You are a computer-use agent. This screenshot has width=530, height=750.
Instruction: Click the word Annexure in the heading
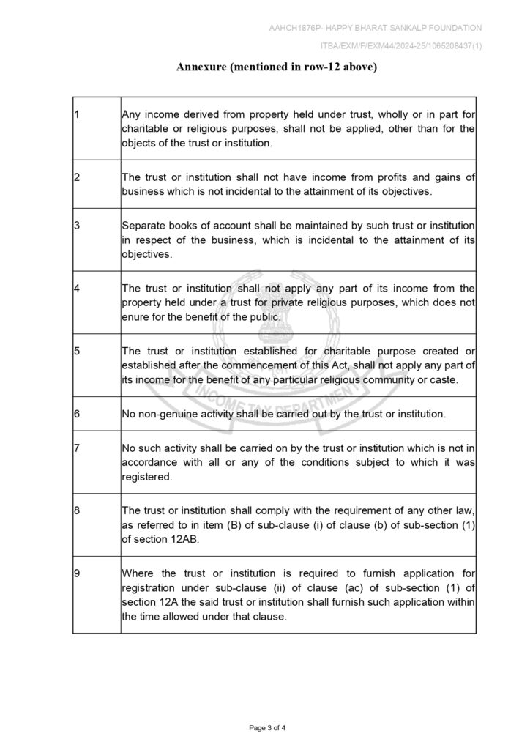201,67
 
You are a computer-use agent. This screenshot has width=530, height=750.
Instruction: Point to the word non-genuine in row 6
165,414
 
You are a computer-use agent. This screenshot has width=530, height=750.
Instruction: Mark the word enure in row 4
136,317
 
